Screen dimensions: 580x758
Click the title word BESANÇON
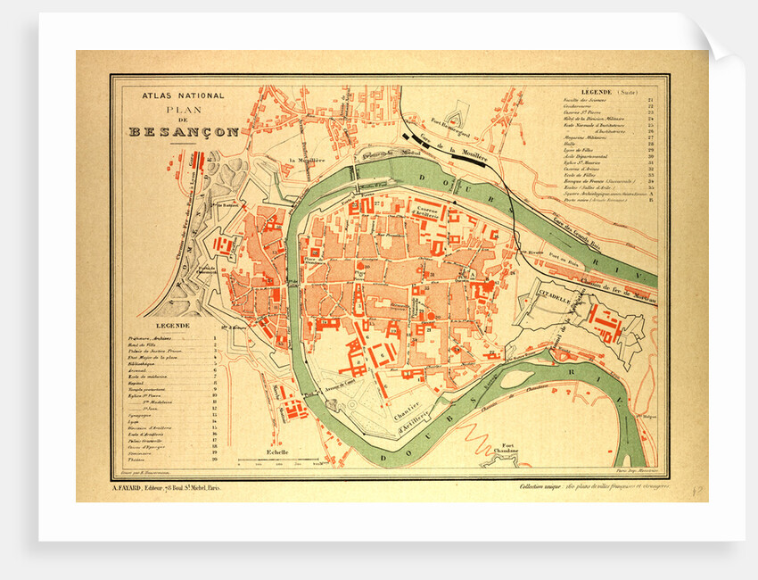click(184, 131)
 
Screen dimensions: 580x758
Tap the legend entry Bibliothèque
click(148, 365)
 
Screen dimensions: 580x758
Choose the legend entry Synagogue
click(142, 415)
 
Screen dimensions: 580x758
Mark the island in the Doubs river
click(516, 378)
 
